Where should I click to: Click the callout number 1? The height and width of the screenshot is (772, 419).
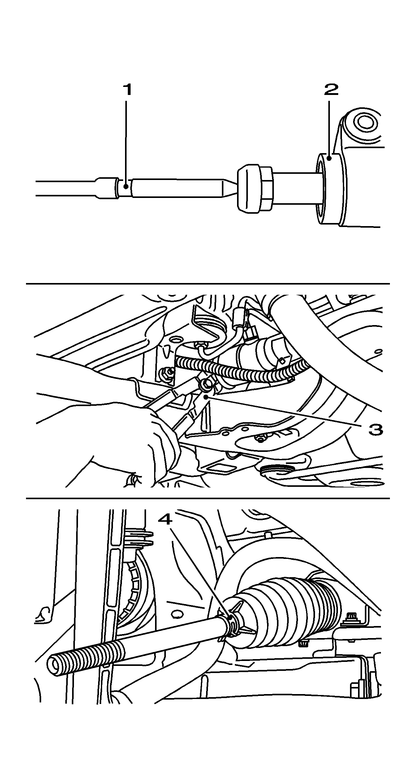[127, 90]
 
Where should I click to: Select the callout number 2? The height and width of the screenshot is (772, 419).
[331, 90]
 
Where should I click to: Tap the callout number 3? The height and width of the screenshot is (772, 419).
[376, 429]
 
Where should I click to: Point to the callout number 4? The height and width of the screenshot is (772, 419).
[165, 519]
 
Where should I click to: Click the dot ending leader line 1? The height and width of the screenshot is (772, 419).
[126, 187]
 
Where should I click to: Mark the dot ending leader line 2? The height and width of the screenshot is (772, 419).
[330, 158]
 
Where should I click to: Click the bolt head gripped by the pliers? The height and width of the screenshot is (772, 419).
[205, 385]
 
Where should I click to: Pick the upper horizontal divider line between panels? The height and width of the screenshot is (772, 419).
[208, 283]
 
